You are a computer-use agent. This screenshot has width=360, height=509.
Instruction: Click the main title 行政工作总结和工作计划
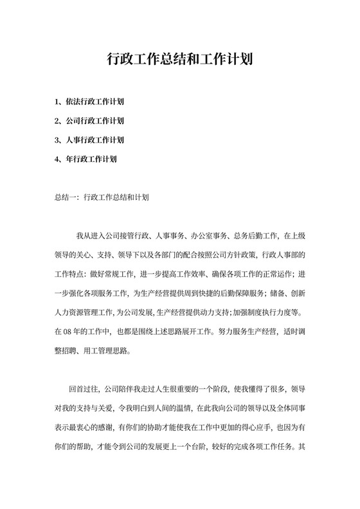point(179,60)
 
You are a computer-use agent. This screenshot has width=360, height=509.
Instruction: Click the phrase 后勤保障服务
point(239,294)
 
